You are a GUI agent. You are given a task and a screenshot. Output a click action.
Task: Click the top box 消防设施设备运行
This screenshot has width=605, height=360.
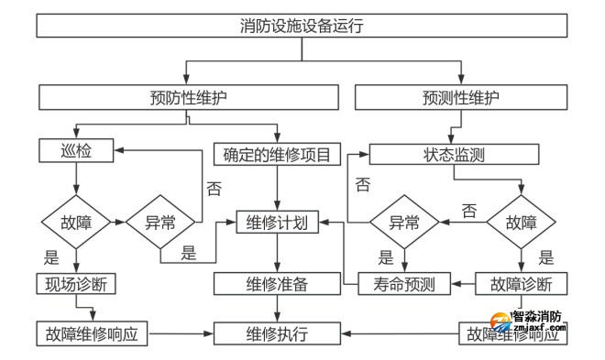302,26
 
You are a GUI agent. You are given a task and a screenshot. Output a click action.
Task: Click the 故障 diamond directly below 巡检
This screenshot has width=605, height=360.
76,221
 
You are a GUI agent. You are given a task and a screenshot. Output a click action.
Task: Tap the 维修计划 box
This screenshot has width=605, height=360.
276,221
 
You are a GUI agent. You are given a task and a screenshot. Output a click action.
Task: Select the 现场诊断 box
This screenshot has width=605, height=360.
76,283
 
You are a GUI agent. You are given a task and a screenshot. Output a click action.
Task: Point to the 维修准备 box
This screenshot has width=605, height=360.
276,283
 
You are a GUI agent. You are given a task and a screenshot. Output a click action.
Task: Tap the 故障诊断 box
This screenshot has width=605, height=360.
518,283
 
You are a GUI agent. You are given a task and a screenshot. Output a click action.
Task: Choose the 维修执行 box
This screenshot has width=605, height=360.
276,333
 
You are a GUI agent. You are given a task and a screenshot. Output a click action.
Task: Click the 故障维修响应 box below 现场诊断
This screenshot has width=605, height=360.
92,333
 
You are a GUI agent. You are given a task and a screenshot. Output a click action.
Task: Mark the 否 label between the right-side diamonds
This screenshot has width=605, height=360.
469,210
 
